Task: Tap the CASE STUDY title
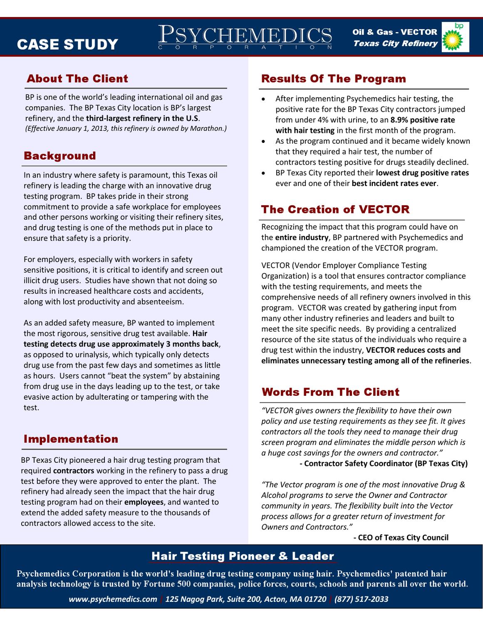point(67,44)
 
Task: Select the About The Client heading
point(77,78)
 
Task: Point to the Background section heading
point(59,156)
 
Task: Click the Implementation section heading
point(71,439)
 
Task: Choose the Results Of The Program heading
point(333,78)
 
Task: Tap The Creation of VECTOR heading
point(335,209)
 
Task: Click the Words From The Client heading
point(330,392)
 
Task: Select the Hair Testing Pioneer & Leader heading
point(242,556)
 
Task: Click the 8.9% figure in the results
point(399,120)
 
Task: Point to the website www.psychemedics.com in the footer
point(113,599)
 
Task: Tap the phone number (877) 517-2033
point(361,599)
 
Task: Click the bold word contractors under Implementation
point(74,471)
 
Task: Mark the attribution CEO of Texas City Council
point(401,537)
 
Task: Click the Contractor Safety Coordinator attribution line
point(383,464)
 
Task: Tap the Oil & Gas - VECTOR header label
point(394,32)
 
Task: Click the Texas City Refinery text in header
point(395,44)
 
